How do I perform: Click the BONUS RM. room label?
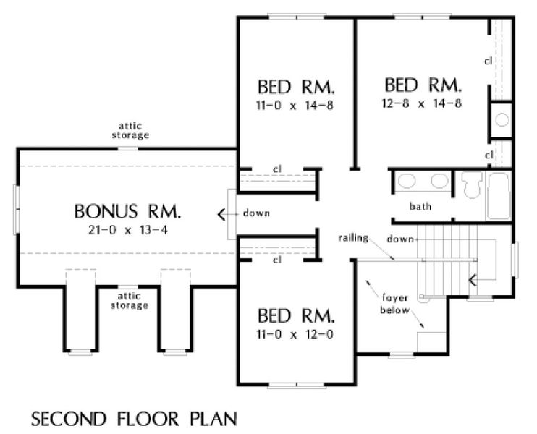(127, 211)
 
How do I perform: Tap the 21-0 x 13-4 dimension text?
(128, 230)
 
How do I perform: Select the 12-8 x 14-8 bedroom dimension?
(422, 103)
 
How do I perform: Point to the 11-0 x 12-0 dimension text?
(295, 334)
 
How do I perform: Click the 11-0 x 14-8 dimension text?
(295, 106)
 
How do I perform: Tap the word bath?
(420, 206)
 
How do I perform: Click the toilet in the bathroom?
(471, 185)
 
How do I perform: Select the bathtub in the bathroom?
(499, 196)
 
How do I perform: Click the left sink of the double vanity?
(407, 181)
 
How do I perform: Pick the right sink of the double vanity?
(440, 181)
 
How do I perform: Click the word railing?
(353, 238)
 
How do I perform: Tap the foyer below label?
(394, 304)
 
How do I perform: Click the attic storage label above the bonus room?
(130, 131)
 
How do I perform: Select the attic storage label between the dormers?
(129, 301)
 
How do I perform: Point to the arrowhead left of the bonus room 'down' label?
(221, 215)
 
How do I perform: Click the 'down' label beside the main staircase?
(400, 239)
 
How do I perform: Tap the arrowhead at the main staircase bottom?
(473, 280)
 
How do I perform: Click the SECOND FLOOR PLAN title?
(134, 419)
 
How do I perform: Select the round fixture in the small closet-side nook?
(502, 120)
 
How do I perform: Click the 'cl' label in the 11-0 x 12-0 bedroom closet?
(277, 260)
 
